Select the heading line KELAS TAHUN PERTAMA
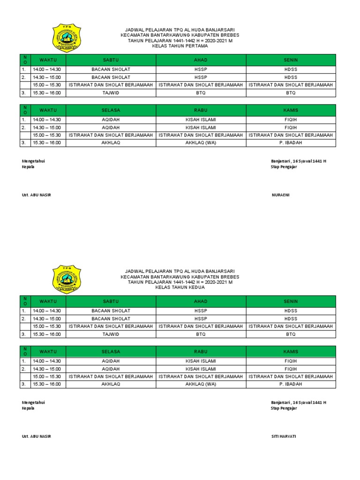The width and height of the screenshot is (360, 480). [x=180, y=46]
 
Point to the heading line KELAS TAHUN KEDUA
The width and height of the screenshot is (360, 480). [x=180, y=287]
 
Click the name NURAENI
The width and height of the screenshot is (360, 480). [x=281, y=195]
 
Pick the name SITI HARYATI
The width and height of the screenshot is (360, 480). [x=284, y=436]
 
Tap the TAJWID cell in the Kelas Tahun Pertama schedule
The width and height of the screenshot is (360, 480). [x=111, y=93]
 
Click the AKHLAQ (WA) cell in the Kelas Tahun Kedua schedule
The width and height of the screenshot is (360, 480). [x=201, y=384]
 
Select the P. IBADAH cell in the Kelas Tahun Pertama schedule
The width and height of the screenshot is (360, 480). [x=291, y=142]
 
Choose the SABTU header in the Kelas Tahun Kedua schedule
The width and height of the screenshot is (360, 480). [x=111, y=301]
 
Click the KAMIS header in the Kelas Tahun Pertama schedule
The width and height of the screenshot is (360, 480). [x=291, y=110]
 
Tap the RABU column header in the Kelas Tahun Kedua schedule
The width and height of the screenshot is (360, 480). [x=201, y=352]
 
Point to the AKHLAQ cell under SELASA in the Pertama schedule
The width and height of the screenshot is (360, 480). [x=111, y=142]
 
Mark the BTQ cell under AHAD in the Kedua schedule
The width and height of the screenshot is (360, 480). [x=201, y=334]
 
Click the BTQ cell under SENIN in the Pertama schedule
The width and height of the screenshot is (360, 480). [x=291, y=93]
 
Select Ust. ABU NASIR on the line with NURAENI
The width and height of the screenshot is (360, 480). [x=37, y=195]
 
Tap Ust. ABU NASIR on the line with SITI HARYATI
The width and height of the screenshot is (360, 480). [x=37, y=436]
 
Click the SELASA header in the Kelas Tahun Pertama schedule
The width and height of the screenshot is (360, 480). [x=111, y=110]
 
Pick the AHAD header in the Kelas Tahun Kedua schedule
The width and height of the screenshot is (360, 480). [x=201, y=301]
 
